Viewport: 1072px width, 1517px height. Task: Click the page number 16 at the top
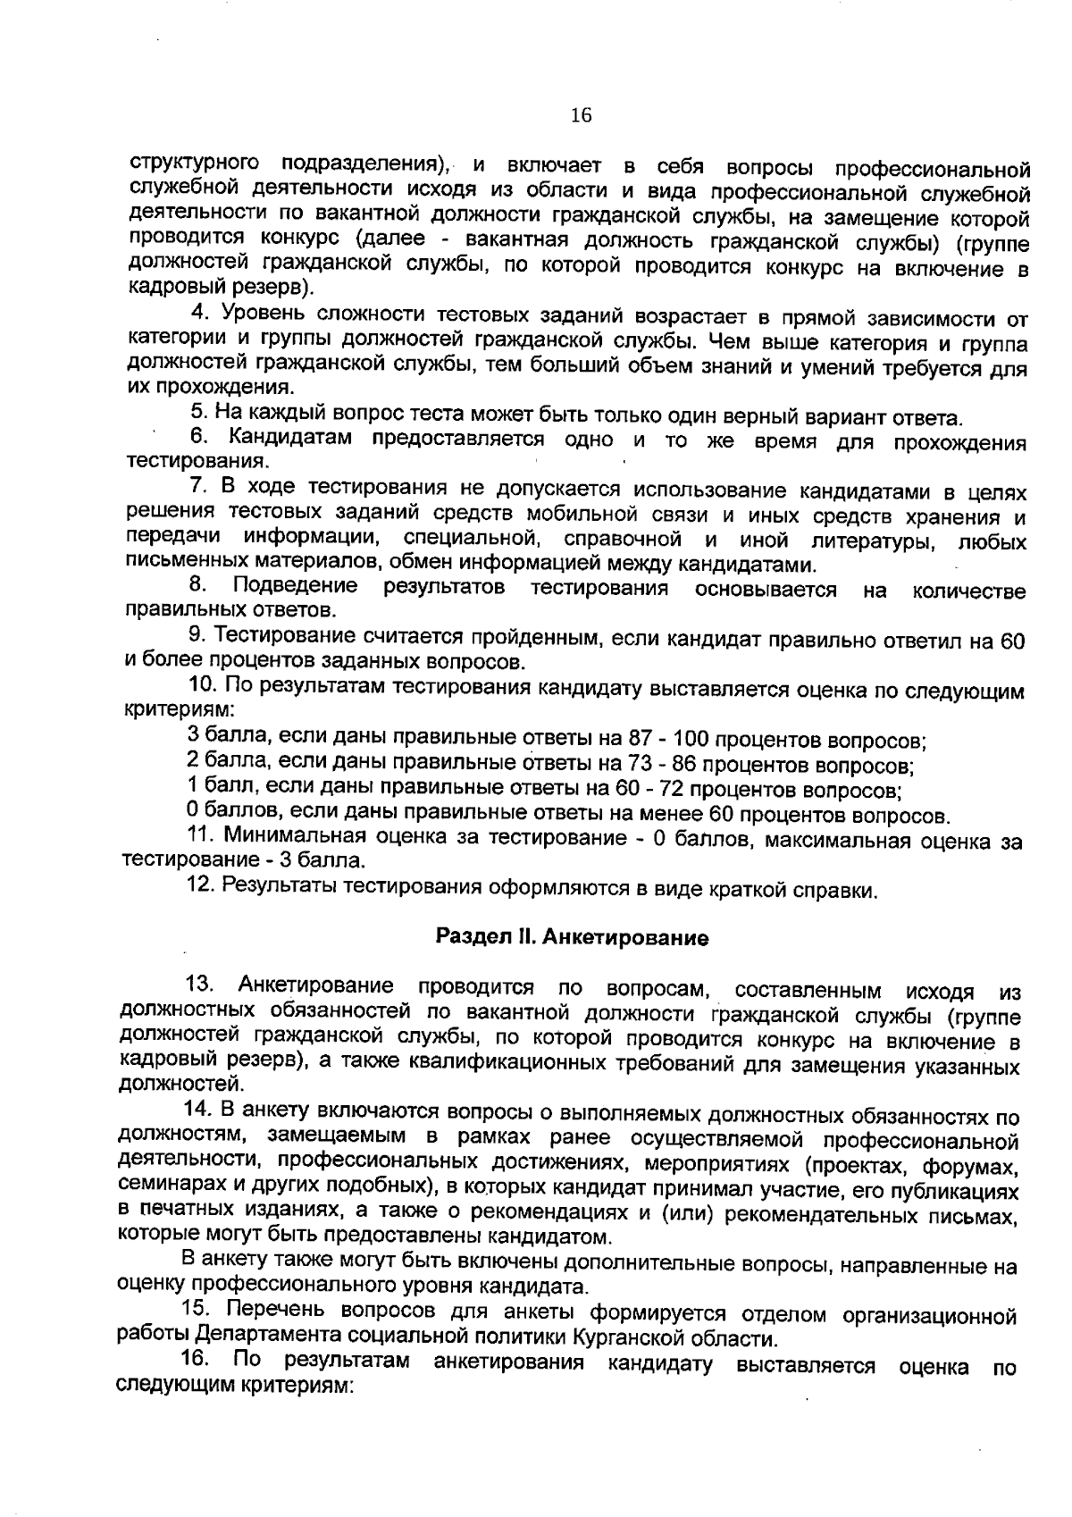point(580,115)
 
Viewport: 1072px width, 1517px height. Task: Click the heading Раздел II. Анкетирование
point(572,937)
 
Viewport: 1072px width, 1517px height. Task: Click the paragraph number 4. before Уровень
point(201,314)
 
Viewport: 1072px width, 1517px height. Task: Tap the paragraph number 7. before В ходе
point(199,489)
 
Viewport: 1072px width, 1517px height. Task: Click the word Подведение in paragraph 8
point(296,588)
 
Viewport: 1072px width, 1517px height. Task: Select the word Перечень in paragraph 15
point(269,1311)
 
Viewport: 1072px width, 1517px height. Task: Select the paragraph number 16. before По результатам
point(195,1361)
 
